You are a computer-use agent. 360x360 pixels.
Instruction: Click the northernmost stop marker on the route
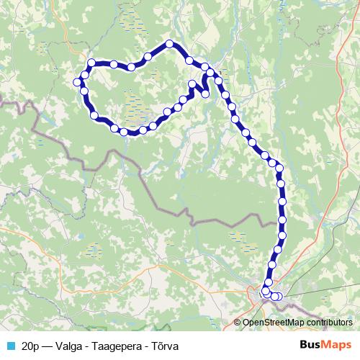pyautogui.click(x=170, y=44)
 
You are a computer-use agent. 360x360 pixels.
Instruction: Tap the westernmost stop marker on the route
pyautogui.click(x=77, y=81)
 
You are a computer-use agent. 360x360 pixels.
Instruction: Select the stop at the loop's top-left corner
pyautogui.click(x=91, y=63)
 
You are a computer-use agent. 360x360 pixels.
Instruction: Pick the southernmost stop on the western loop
pyautogui.click(x=124, y=132)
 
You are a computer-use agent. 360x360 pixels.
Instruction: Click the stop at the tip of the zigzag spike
pyautogui.click(x=192, y=84)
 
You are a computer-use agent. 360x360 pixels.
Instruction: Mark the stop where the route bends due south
pyautogui.click(x=279, y=168)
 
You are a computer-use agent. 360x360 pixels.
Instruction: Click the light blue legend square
pyautogui.click(x=9, y=346)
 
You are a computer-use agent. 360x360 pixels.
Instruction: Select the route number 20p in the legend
pyautogui.click(x=31, y=346)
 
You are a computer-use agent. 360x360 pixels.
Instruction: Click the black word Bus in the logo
pyautogui.click(x=311, y=345)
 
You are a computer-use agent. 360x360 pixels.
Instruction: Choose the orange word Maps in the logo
pyautogui.click(x=338, y=345)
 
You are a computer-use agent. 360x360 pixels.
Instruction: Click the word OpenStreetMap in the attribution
pyautogui.click(x=271, y=323)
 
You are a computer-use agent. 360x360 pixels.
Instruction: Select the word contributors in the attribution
pyautogui.click(x=328, y=323)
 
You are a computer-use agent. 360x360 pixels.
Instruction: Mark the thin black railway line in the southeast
pyautogui.click(x=324, y=289)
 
